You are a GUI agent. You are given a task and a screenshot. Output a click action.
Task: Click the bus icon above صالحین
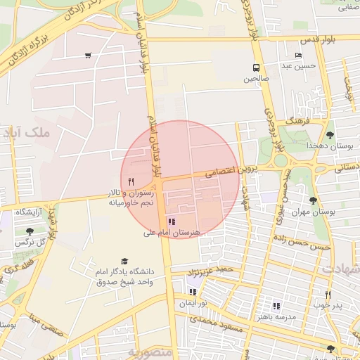coord(256,68)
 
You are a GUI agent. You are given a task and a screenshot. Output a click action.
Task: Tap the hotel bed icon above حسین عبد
coord(299,56)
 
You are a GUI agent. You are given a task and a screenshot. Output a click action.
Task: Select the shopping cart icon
coord(88,56)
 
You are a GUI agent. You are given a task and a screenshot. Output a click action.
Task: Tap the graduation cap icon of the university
coord(124,261)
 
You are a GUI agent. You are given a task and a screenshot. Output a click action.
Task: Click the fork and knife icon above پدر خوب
coord(328,295)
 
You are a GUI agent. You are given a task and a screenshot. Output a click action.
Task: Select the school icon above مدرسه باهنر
coord(276,306)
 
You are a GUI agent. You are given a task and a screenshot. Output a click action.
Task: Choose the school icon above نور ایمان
coord(193,292)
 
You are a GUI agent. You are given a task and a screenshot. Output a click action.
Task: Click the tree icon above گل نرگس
coord(29,231)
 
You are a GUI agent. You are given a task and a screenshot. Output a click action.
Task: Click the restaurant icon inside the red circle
coord(131,182)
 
